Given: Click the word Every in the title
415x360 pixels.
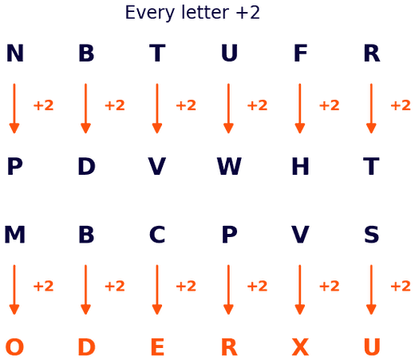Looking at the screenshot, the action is click(150, 13).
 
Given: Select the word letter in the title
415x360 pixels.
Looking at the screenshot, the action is click(205, 12).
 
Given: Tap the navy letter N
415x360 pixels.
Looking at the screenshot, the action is click(15, 53).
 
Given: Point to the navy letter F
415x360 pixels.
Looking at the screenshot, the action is click(300, 53).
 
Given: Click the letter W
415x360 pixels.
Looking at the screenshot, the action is click(229, 166).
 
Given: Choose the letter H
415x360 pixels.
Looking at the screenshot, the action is click(300, 166).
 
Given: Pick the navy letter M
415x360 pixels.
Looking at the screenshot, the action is click(15, 235).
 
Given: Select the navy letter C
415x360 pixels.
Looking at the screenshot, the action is click(157, 235).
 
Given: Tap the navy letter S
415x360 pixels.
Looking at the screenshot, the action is click(371, 235).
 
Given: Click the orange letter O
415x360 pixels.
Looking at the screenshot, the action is click(15, 347).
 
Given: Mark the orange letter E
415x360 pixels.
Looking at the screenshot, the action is click(157, 347).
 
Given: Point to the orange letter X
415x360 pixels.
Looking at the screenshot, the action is click(300, 347).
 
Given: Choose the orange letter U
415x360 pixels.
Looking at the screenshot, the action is click(372, 347).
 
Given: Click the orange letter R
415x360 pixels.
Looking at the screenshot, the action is click(229, 347).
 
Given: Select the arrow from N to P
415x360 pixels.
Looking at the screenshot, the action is click(14, 109).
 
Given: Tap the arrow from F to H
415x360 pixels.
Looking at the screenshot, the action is click(300, 109).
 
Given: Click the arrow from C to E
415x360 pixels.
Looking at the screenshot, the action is click(157, 290).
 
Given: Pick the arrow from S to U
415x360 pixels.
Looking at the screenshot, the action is click(371, 290).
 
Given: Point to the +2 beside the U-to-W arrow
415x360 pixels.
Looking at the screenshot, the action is click(257, 105).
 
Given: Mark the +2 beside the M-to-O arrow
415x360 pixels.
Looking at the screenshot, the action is click(43, 287).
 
